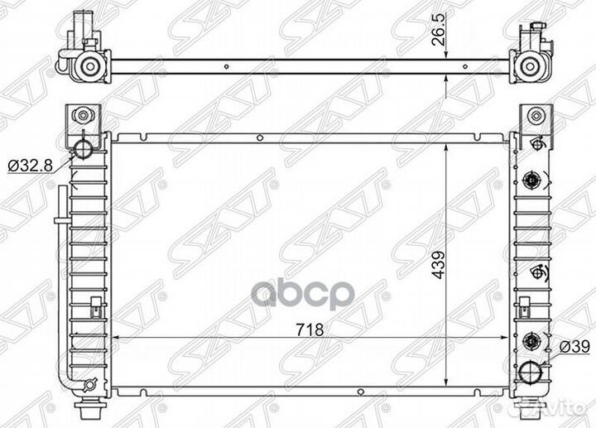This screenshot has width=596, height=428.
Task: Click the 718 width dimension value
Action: click(310, 330)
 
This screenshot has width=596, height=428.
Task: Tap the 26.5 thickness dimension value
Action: click(439, 31)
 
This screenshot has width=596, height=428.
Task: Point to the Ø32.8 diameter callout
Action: click(30, 165)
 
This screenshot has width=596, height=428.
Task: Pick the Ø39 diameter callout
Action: click(574, 347)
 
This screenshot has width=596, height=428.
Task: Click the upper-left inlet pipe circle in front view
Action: click(82, 149)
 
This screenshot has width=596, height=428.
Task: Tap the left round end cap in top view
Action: click(90, 65)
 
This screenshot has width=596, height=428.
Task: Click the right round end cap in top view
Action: click(529, 65)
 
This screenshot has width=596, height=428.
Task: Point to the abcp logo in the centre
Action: click(303, 294)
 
